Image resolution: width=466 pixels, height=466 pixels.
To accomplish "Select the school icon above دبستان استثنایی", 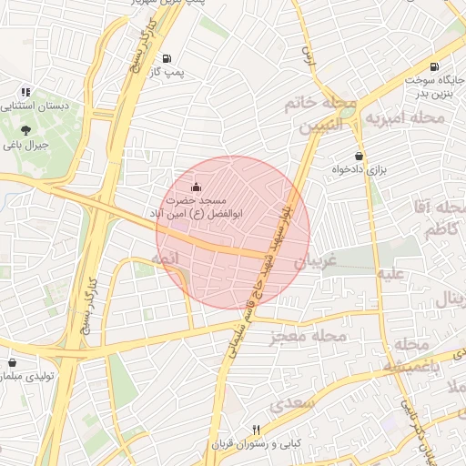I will click(26, 92).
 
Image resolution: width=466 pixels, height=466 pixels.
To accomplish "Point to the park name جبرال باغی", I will click(25, 144).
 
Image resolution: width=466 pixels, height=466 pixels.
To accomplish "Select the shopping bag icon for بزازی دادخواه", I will click(360, 156).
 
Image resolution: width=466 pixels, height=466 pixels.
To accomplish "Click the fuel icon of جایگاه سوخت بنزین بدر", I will click(432, 66).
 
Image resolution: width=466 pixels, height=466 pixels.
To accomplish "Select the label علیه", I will click(392, 273).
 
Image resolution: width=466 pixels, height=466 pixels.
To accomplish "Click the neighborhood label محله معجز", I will click(309, 339).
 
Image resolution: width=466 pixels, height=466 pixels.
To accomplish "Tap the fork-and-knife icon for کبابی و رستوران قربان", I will click(258, 431).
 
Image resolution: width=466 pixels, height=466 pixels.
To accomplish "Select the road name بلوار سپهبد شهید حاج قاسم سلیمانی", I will click(264, 259).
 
